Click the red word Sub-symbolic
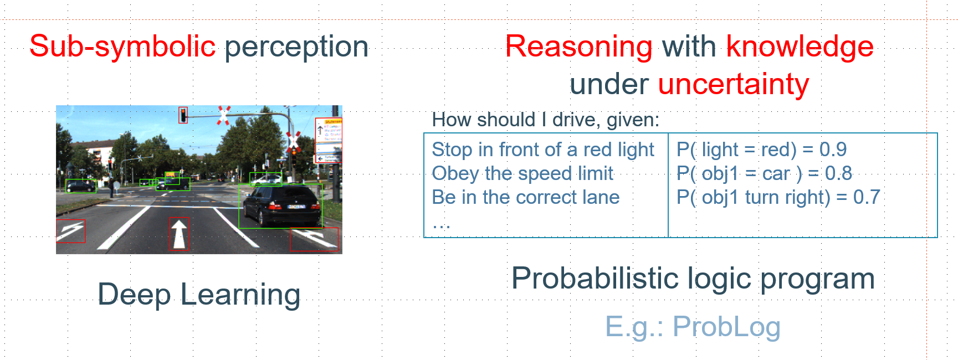tap(122, 46)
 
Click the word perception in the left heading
tap(296, 46)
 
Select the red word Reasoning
tap(578, 46)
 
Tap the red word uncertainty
tap(733, 84)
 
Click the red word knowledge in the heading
tap(800, 46)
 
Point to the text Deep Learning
tap(199, 294)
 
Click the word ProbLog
tap(726, 326)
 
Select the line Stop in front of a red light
tap(542, 150)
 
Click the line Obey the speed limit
tap(522, 173)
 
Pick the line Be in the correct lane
tap(525, 197)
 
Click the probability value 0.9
tap(833, 150)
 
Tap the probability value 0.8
tap(838, 173)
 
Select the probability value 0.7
tap(866, 197)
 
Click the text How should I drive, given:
tap(545, 120)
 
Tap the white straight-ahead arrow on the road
tap(179, 234)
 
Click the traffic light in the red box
tap(183, 115)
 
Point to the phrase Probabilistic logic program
tap(693, 278)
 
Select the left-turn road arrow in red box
tap(70, 231)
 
